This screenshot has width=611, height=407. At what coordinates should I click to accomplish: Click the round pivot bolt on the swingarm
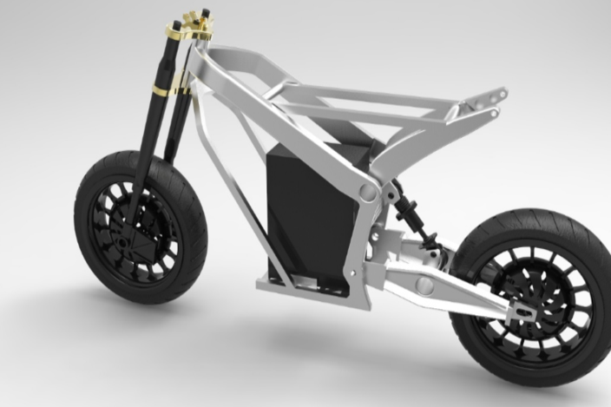(425, 284)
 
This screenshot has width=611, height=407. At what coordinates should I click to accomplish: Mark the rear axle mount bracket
(521, 309)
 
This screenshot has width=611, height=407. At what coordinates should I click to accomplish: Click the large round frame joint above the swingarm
(368, 195)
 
